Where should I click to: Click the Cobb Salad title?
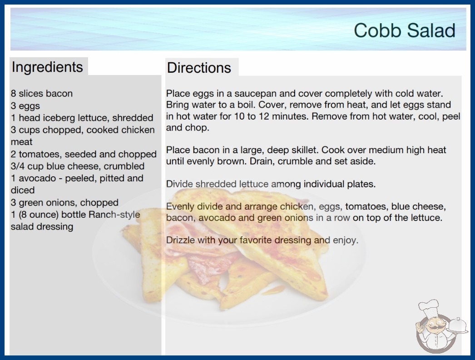405,30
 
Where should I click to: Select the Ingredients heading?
47,67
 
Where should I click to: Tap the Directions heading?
199,68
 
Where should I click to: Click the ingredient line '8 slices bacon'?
41,94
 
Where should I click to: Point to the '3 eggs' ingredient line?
25,106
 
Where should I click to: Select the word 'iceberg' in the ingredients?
59,118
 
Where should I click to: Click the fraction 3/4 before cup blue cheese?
18,166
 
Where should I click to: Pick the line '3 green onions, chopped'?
64,203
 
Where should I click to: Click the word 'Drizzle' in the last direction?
180,240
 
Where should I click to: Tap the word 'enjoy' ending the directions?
345,240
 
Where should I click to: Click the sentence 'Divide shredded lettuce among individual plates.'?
271,184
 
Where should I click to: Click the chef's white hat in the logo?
429,307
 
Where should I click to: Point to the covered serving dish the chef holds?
457,325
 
